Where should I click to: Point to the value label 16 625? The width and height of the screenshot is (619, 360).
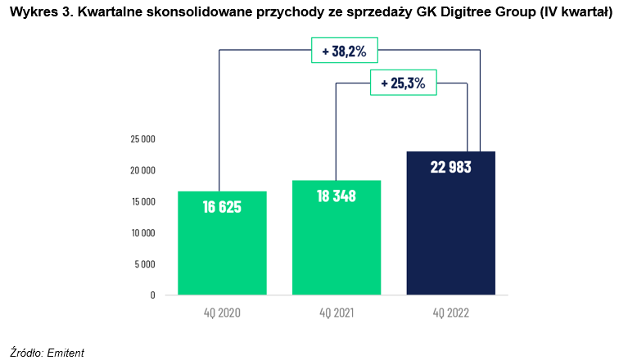(222, 206)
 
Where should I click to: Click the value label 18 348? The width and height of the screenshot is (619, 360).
(337, 196)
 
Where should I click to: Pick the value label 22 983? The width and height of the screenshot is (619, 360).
(451, 167)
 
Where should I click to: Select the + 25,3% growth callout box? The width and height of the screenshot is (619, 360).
(403, 83)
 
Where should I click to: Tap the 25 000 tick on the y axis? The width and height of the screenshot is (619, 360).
(142, 139)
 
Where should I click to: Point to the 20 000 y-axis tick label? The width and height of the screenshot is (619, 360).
(142, 170)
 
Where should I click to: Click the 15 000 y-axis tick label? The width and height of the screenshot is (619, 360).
(142, 201)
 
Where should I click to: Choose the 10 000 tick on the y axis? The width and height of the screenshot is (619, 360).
(142, 232)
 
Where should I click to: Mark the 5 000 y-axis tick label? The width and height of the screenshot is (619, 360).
(145, 263)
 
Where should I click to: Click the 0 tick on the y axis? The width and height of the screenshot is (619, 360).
(152, 295)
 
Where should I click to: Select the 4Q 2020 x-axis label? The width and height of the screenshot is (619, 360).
(222, 312)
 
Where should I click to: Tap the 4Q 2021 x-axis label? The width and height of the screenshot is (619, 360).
(337, 312)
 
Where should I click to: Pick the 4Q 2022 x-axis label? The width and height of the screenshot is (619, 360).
(451, 312)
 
